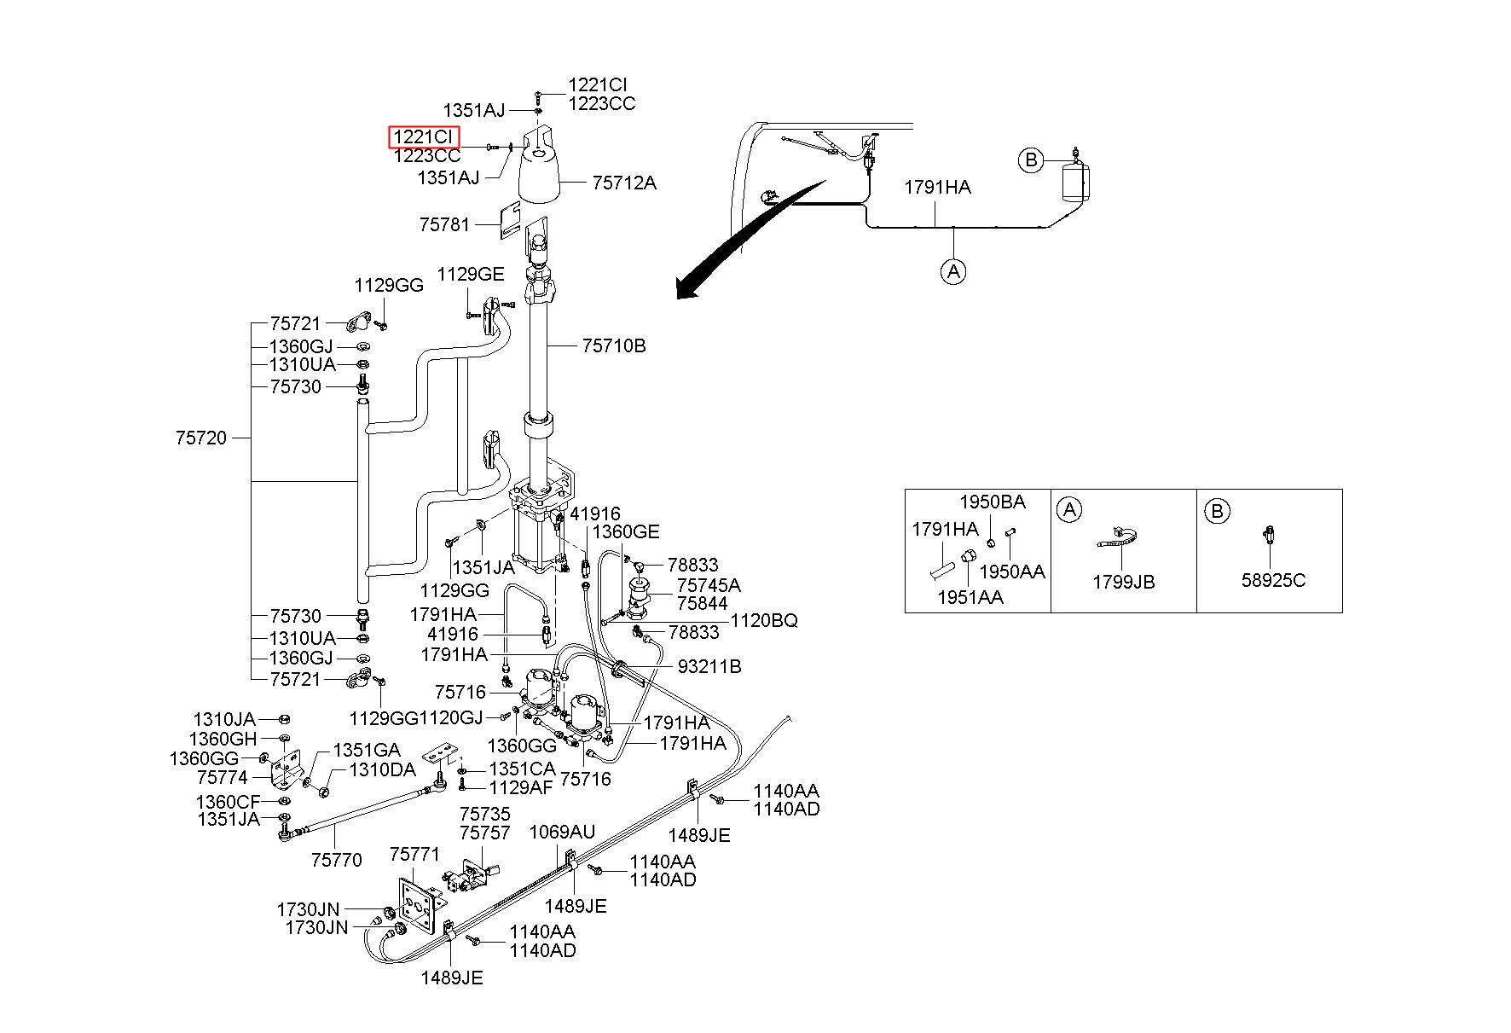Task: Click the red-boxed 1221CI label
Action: click(424, 137)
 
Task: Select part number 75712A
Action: click(624, 183)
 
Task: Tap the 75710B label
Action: click(614, 345)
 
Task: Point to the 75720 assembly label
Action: click(201, 438)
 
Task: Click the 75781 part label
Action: click(444, 224)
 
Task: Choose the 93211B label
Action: click(709, 666)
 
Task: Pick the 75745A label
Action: click(709, 585)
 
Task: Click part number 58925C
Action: click(1273, 581)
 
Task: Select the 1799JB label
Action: click(1124, 582)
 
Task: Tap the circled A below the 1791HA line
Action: click(953, 271)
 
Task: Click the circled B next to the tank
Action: click(1031, 160)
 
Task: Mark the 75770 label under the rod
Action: click(337, 860)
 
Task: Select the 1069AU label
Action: click(563, 832)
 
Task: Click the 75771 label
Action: click(414, 854)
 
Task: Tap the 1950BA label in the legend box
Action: click(993, 502)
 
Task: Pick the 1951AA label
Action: click(970, 598)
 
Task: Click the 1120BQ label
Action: click(765, 621)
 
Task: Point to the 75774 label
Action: click(223, 778)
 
